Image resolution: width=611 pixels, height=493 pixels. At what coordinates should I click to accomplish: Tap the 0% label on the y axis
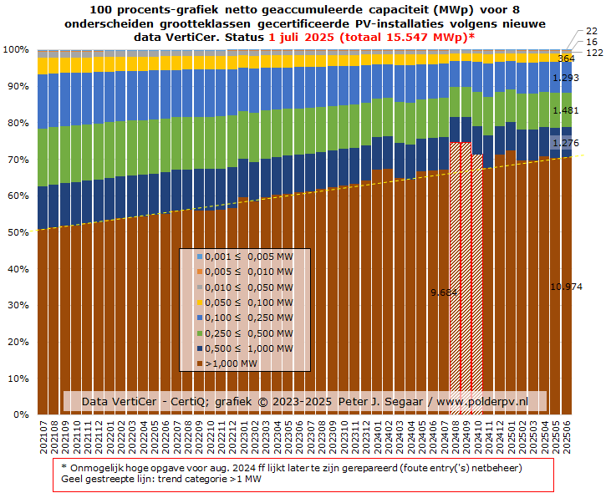coord(20,414)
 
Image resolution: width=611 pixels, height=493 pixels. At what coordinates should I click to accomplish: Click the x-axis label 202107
coord(43,439)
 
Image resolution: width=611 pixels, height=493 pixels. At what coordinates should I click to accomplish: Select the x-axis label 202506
coord(568,439)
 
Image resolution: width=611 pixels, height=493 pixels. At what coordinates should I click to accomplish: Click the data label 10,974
coord(566,287)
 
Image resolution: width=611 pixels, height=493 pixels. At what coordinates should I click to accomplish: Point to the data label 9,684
coord(444,292)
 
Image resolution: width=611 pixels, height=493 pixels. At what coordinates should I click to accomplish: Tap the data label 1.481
coord(566,110)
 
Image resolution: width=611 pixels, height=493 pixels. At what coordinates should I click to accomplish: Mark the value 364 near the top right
coord(566,58)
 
